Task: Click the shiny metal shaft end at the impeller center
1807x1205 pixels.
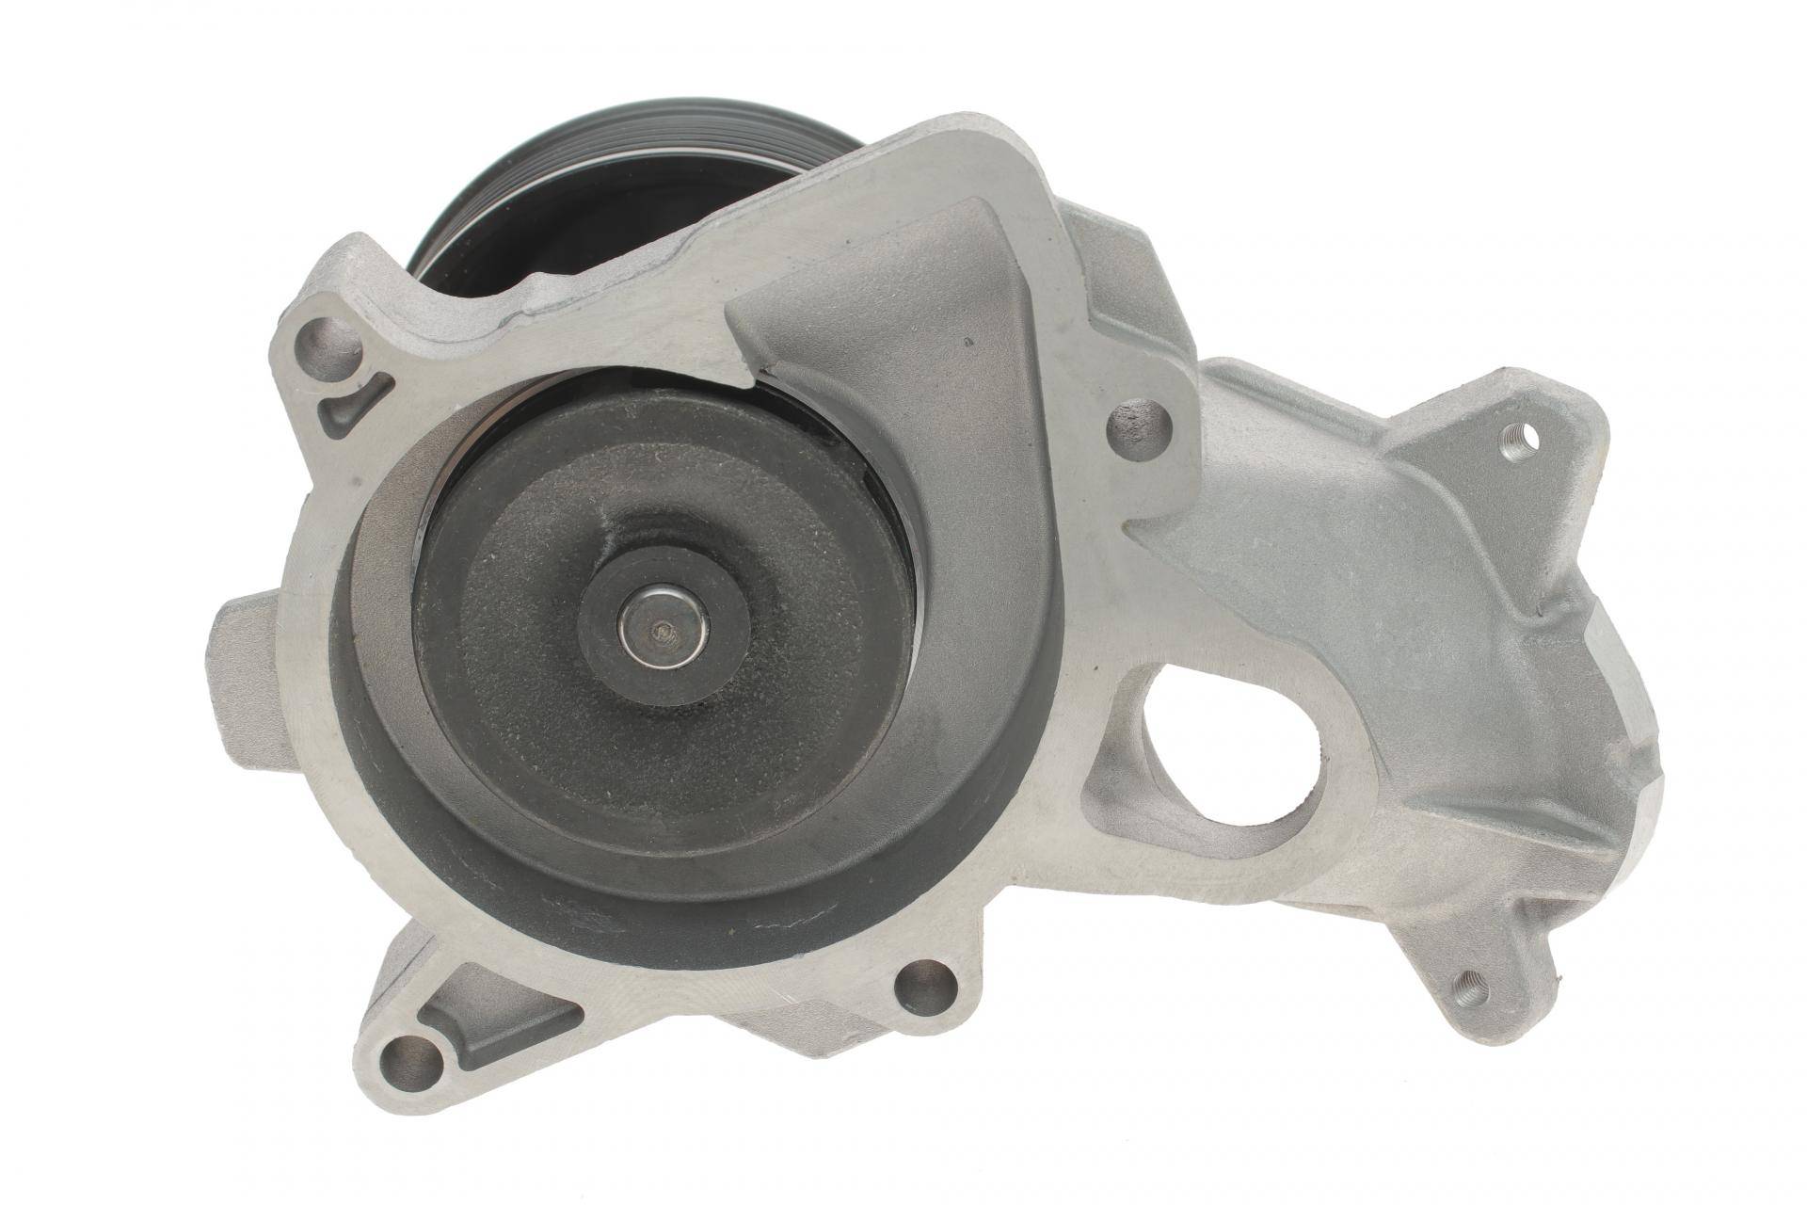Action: click(x=664, y=631)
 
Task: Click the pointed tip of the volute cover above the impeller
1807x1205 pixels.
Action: click(x=753, y=372)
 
